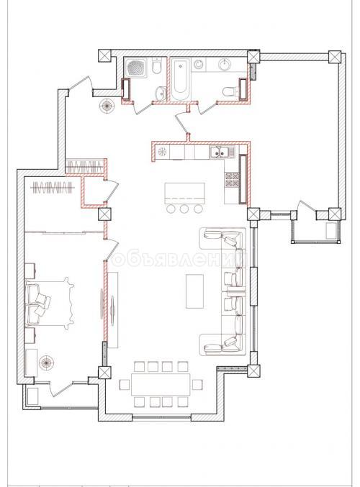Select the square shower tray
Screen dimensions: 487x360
click(x=135, y=68)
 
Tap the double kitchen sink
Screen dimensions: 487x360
click(x=219, y=153)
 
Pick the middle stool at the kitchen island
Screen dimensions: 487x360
click(x=184, y=209)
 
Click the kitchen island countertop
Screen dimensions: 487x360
click(x=184, y=192)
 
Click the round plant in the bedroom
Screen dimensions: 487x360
click(x=48, y=363)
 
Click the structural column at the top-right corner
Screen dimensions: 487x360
click(x=333, y=57)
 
